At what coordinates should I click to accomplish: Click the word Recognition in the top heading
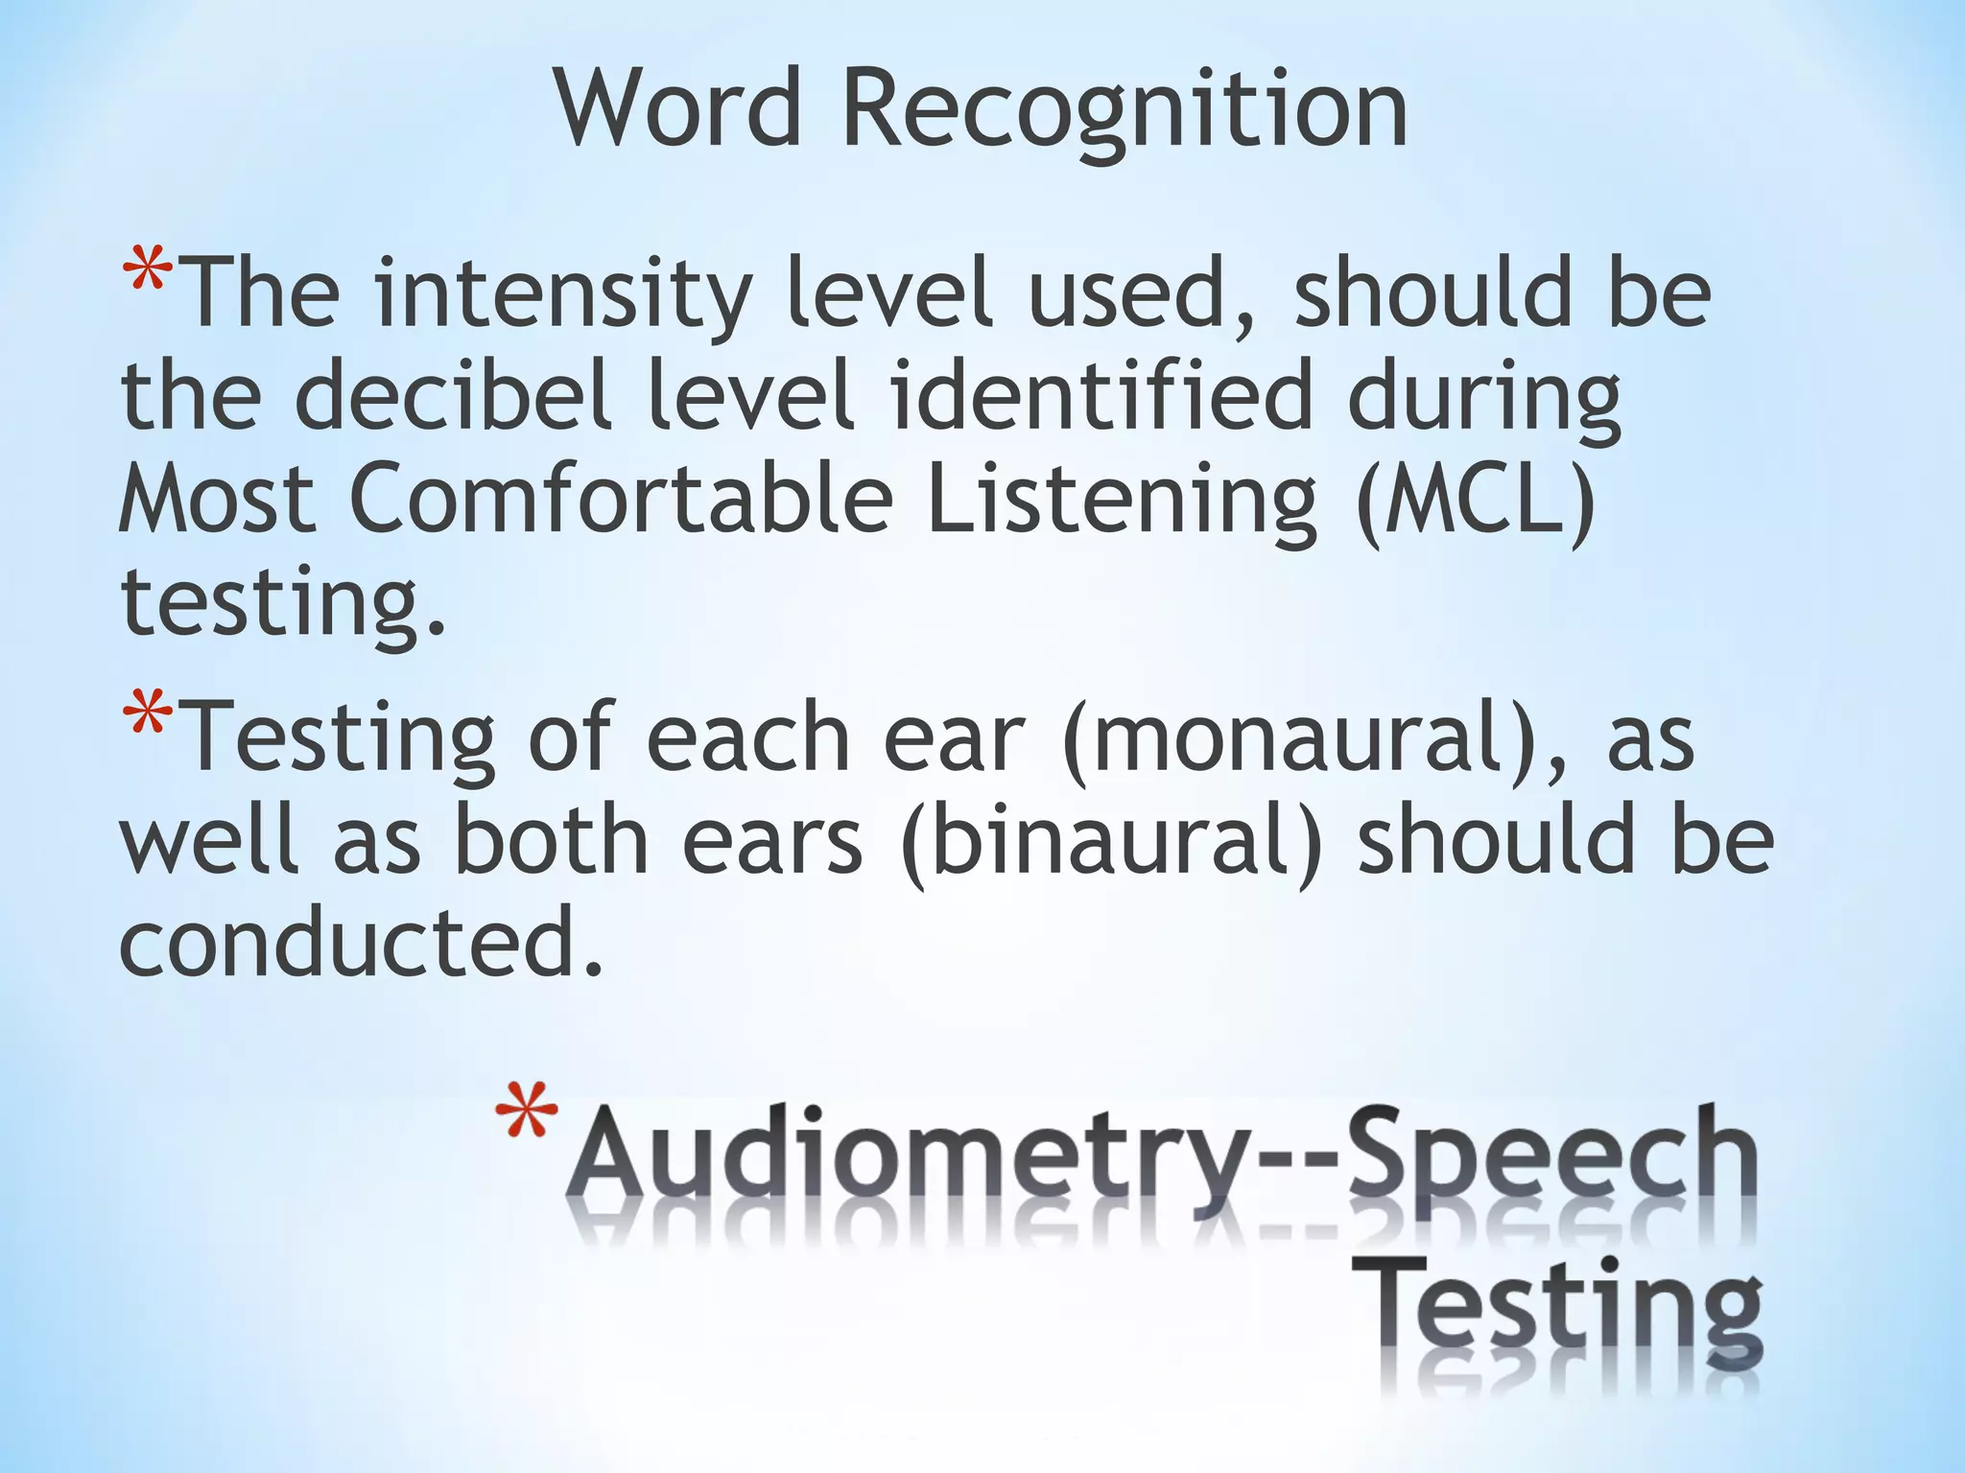pyautogui.click(x=1125, y=110)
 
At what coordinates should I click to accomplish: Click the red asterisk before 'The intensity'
pyautogui.click(x=147, y=272)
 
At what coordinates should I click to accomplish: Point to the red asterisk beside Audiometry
pyautogui.click(x=526, y=1111)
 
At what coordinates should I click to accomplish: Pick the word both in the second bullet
pyautogui.click(x=552, y=840)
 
